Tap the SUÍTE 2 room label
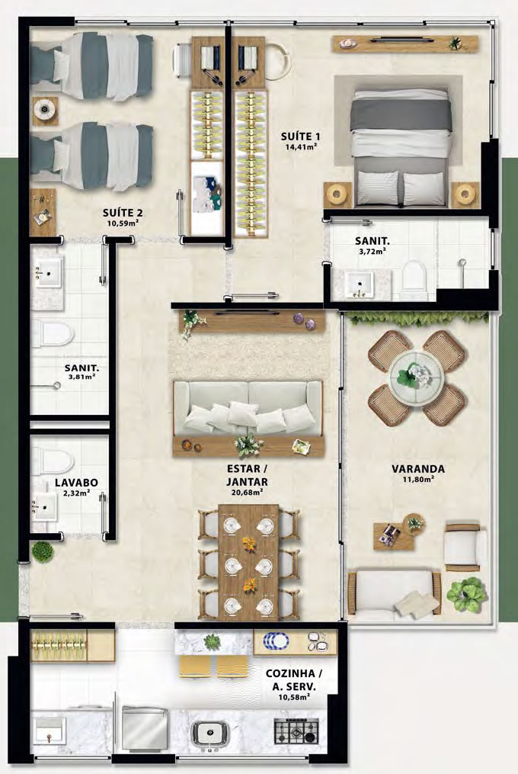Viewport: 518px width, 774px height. (x=123, y=213)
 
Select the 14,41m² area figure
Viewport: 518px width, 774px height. (x=300, y=146)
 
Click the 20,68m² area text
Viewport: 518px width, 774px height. (x=247, y=492)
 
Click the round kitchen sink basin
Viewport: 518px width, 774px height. (x=209, y=732)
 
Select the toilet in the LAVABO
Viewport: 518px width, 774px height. (x=53, y=461)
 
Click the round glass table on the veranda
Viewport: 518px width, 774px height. (x=417, y=377)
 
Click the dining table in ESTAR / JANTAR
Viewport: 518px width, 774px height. (x=248, y=562)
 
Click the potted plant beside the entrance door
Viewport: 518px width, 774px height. (x=43, y=551)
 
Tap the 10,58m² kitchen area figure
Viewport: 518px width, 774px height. (x=295, y=697)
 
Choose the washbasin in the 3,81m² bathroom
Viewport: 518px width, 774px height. (x=47, y=272)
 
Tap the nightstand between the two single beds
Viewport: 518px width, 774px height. (x=46, y=108)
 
